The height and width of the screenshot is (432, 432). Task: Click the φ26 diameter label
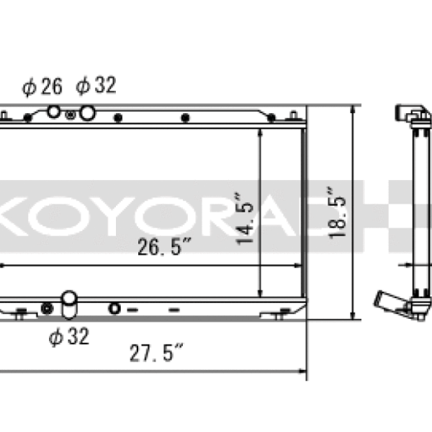click(42, 87)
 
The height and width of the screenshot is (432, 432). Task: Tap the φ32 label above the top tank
click(95, 86)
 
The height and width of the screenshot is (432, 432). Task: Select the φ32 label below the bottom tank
click(68, 336)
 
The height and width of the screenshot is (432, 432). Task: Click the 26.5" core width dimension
click(164, 249)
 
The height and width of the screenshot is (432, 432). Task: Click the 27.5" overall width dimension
click(156, 354)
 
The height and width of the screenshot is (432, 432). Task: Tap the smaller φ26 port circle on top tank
click(54, 112)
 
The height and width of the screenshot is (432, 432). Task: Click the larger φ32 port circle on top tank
click(87, 113)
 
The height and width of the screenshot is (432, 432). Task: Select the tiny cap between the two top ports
click(70, 114)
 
